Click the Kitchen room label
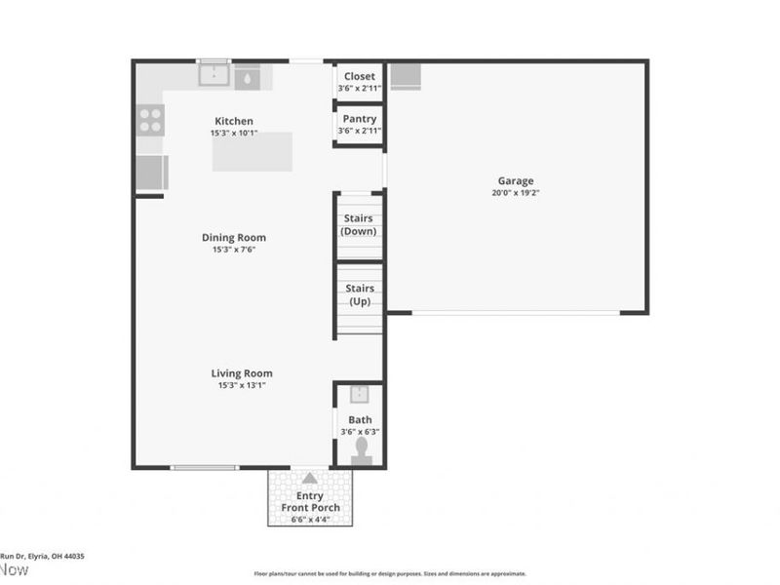(234, 121)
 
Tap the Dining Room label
(233, 237)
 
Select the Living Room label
(242, 372)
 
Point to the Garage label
(516, 180)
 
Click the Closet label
(359, 76)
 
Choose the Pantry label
(358, 119)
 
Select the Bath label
(361, 420)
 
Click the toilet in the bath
(361, 447)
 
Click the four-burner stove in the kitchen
(150, 119)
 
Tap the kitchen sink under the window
(214, 75)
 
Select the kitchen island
(253, 151)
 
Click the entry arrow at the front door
(309, 478)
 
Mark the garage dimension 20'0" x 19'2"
(516, 193)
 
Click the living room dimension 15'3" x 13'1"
(242, 385)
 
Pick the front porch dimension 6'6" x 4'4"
(310, 520)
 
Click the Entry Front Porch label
(310, 501)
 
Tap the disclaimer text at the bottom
(390, 574)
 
